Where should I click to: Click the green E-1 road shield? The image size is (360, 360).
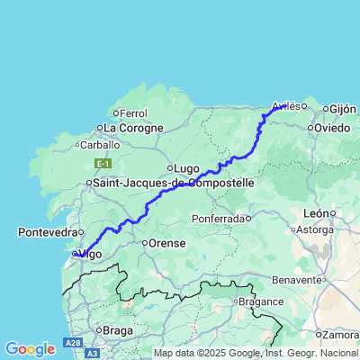tap(103, 163)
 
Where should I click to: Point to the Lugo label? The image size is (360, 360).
tap(186, 168)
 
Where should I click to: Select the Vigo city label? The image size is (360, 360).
tap(92, 255)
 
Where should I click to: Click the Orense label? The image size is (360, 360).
tap(167, 242)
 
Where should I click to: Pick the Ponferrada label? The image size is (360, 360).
tap(220, 219)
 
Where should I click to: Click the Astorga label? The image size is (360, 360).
tap(339, 229)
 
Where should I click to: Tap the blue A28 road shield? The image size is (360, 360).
tap(73, 343)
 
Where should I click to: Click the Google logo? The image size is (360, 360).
tap(30, 349)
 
